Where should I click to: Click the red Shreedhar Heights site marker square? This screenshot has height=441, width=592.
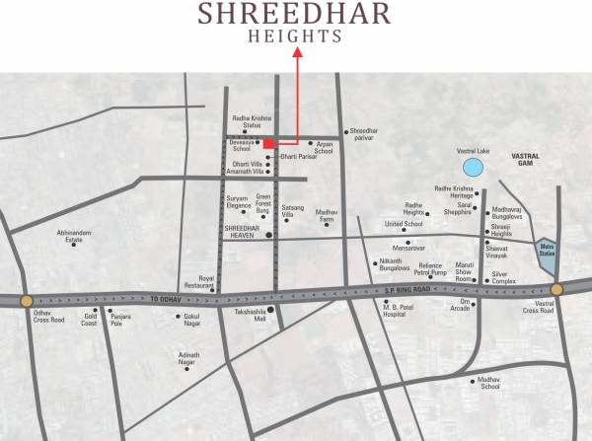point(268,144)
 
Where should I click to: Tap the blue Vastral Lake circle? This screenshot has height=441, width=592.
point(475,167)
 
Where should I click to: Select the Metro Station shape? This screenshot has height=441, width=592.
point(546,257)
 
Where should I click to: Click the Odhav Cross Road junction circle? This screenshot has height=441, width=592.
point(26,301)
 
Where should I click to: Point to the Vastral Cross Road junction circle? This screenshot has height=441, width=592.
point(556,289)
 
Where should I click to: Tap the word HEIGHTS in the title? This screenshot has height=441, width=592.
point(297,36)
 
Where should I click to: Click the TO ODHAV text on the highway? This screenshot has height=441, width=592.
point(167,298)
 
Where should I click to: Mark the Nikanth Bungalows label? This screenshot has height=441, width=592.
point(395,264)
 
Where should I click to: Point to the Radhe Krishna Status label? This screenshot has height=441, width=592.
point(246,122)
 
